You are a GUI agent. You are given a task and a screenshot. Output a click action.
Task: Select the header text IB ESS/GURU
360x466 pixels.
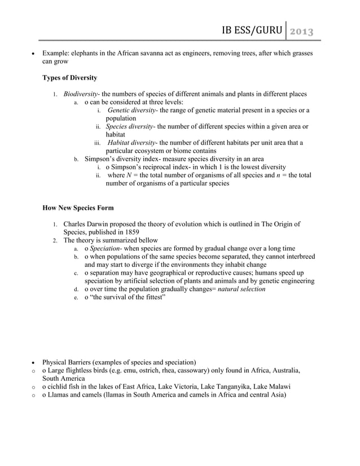point(253,30)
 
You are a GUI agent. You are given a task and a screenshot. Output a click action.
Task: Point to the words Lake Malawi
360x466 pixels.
point(268,386)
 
